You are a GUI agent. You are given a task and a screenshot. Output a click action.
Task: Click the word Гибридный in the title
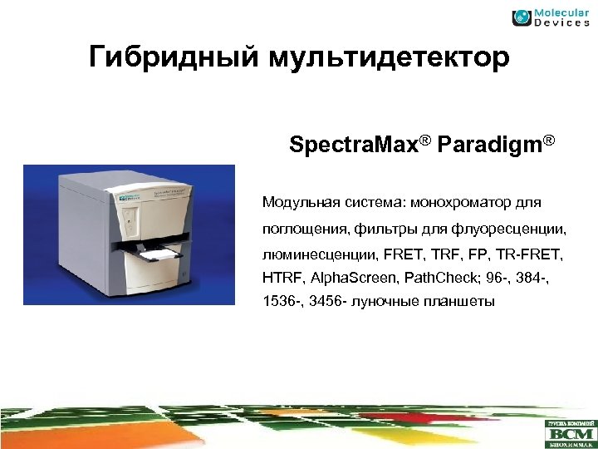(x=175, y=59)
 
